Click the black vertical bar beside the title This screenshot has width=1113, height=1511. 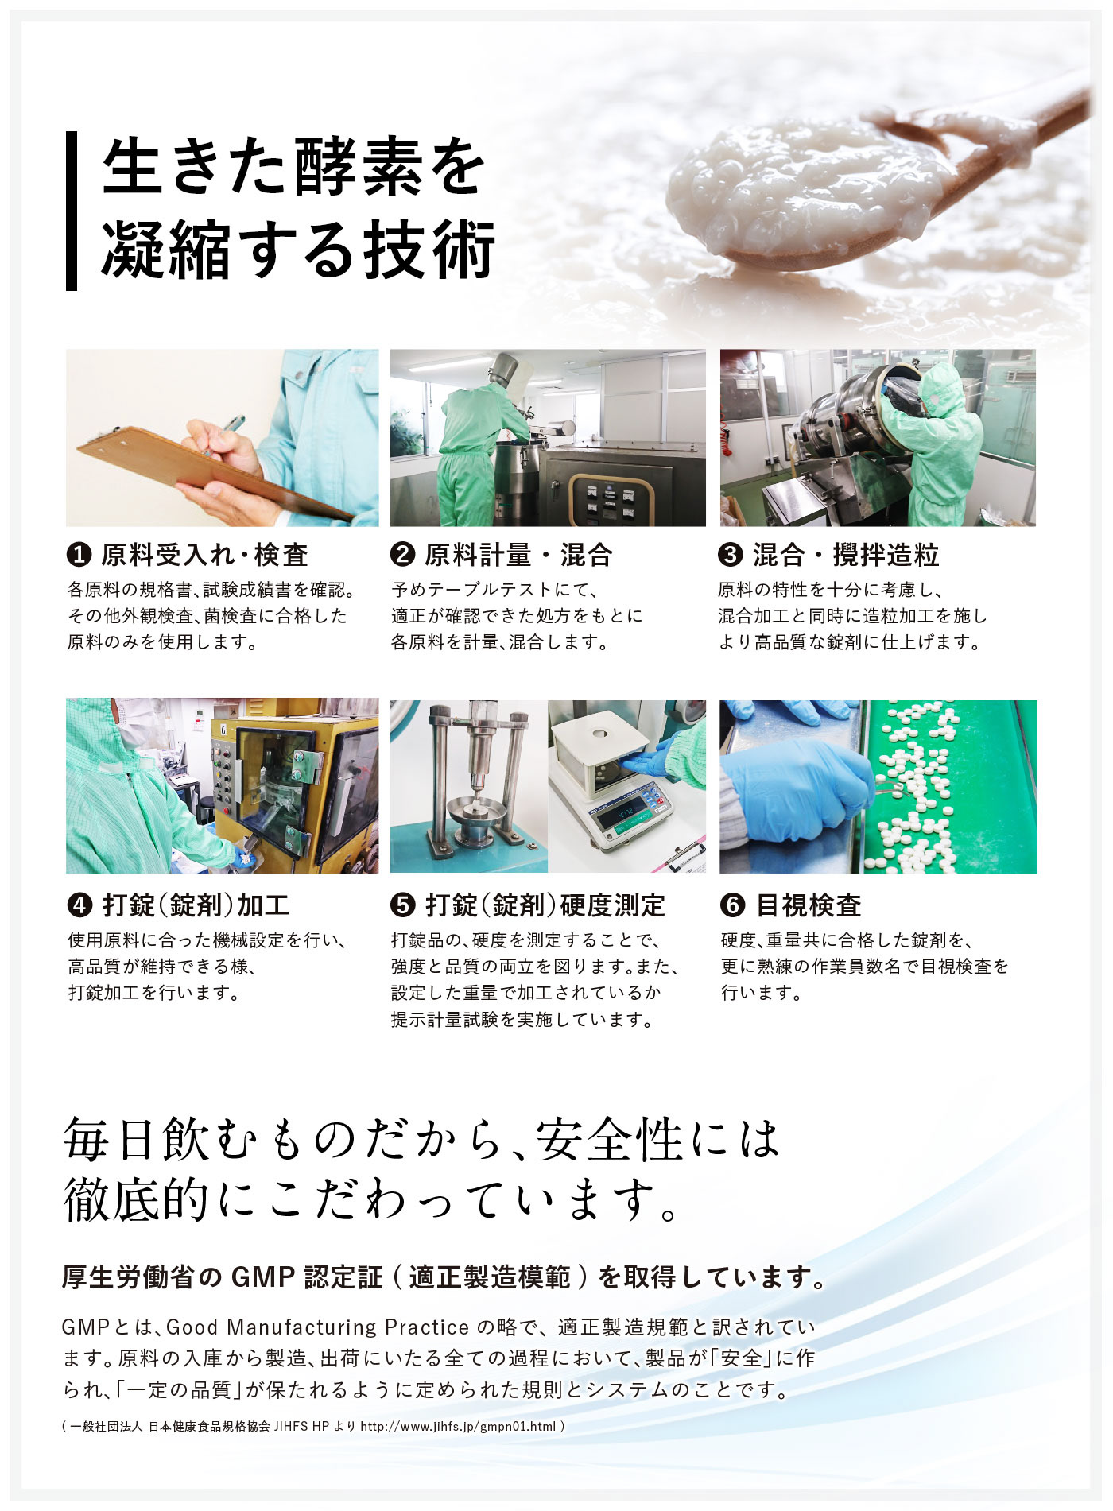(x=72, y=211)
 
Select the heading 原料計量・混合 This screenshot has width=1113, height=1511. (x=518, y=555)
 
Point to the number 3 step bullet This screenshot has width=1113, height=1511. (x=730, y=554)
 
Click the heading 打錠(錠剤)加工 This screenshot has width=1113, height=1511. (x=196, y=905)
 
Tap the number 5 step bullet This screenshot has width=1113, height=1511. (x=403, y=905)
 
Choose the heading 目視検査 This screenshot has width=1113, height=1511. (x=809, y=905)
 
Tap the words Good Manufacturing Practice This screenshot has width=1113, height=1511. (x=318, y=1327)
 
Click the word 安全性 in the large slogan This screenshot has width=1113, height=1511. (x=609, y=1140)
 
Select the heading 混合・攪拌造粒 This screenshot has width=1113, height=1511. (x=846, y=555)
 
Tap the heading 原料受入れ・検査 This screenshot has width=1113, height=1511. (x=204, y=555)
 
